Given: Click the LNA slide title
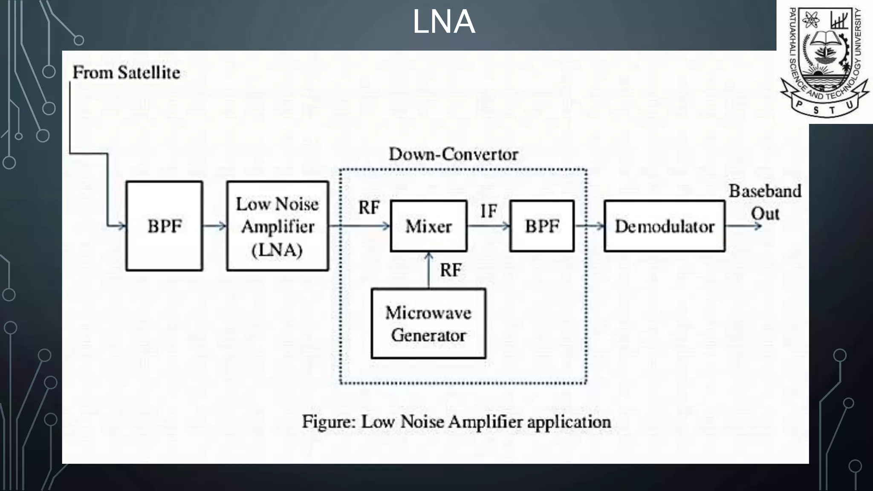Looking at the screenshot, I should [443, 22].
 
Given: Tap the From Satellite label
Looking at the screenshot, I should [126, 72].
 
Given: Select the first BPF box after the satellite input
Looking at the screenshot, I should [164, 226].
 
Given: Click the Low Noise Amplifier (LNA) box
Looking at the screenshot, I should [278, 226].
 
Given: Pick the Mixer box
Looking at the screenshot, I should [428, 226].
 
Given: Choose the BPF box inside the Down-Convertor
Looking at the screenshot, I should [542, 226].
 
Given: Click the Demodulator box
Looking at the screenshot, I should [664, 226].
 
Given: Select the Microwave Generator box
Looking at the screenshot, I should [428, 324].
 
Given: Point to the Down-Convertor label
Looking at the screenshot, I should [453, 154].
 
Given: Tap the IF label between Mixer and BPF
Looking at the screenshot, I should [489, 211].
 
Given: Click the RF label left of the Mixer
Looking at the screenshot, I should [369, 208].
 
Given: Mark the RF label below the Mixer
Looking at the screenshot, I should [451, 270].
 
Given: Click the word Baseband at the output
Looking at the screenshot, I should [765, 191].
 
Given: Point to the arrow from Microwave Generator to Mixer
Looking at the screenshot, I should [429, 270].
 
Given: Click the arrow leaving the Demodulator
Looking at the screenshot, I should [743, 226].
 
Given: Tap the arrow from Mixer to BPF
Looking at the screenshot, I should [489, 226].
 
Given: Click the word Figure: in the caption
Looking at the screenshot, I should [329, 422].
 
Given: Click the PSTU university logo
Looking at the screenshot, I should [824, 62].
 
